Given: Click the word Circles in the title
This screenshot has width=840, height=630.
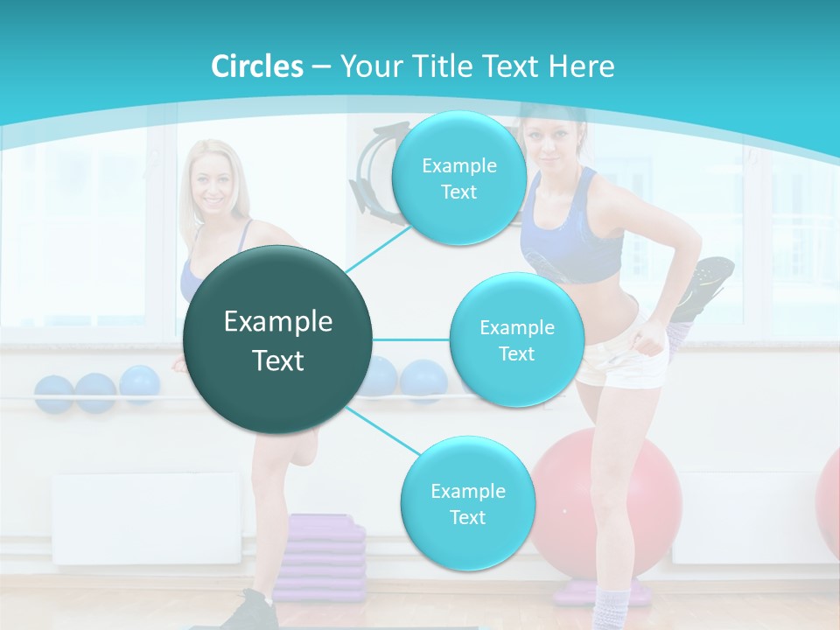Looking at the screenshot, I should [257, 66].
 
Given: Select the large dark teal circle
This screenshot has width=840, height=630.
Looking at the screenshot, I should [278, 339].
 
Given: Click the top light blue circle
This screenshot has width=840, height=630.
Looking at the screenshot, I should [458, 178].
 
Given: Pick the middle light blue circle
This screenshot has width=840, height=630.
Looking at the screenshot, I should [516, 339].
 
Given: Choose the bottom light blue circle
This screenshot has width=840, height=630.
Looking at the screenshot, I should [467, 503].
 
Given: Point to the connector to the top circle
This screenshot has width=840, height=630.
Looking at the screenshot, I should [379, 247].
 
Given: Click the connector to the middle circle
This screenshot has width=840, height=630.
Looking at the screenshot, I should [411, 339].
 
